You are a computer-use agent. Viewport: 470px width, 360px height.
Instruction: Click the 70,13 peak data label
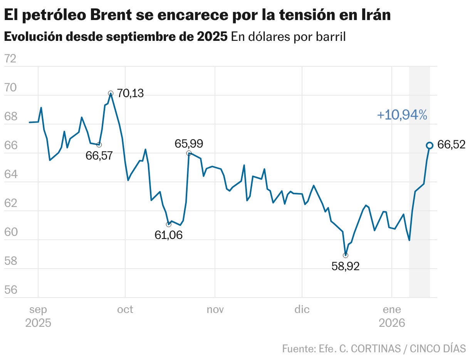(x=130, y=93)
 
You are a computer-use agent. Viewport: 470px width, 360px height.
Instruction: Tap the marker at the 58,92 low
(x=346, y=255)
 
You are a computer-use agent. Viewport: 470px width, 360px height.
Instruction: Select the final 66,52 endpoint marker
(x=430, y=145)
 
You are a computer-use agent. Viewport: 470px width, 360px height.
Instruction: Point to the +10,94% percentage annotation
(x=402, y=115)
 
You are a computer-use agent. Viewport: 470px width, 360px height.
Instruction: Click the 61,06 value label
(x=169, y=235)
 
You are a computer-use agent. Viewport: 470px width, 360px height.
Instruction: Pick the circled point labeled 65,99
(x=189, y=153)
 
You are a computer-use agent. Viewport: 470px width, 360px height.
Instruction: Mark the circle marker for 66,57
(x=99, y=145)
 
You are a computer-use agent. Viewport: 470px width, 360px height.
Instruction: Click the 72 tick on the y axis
(x=11, y=59)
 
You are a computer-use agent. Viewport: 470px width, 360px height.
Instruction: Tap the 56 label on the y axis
(x=11, y=290)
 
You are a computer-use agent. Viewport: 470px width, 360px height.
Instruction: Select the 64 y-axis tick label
(x=11, y=174)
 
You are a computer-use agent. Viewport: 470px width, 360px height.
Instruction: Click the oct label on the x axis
(x=125, y=310)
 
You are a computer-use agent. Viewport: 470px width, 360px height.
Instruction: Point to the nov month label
(x=215, y=310)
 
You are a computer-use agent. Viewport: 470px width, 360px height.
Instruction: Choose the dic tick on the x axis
(x=302, y=310)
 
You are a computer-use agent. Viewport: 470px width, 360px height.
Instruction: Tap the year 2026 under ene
(x=392, y=323)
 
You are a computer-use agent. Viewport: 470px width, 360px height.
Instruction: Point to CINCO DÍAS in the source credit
(x=438, y=348)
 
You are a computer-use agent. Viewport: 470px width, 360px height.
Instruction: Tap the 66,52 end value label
(x=452, y=145)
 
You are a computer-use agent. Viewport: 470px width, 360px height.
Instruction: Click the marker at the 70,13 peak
(x=111, y=93)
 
